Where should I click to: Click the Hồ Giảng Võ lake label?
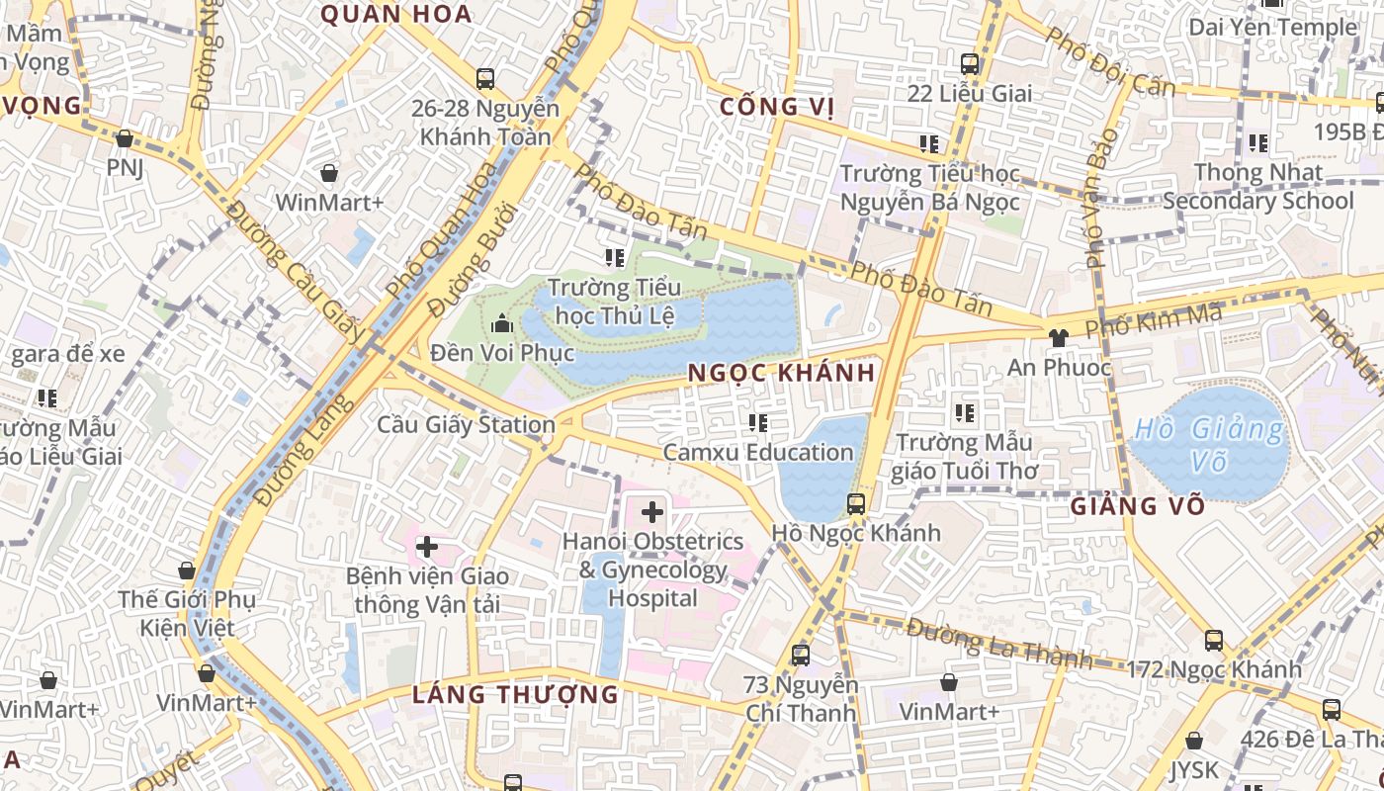1209,445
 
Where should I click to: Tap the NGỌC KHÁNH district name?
781,373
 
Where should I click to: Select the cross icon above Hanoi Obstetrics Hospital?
652,512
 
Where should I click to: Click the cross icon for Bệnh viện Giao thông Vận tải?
427,547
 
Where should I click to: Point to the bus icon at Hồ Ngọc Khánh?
856,504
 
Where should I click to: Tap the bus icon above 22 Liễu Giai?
970,64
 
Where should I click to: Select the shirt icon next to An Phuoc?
1059,337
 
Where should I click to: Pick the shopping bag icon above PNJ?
125,139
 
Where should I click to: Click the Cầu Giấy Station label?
467,425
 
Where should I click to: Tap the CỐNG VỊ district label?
772,107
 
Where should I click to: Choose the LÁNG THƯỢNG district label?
515,694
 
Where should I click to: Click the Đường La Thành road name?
998,644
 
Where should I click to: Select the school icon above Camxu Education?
758,424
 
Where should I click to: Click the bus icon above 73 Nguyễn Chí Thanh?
801,655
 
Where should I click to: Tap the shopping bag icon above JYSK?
1194,741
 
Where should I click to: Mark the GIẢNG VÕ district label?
1138,506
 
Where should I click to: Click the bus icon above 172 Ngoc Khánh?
1214,641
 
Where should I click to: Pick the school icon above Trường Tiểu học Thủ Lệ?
615,259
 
